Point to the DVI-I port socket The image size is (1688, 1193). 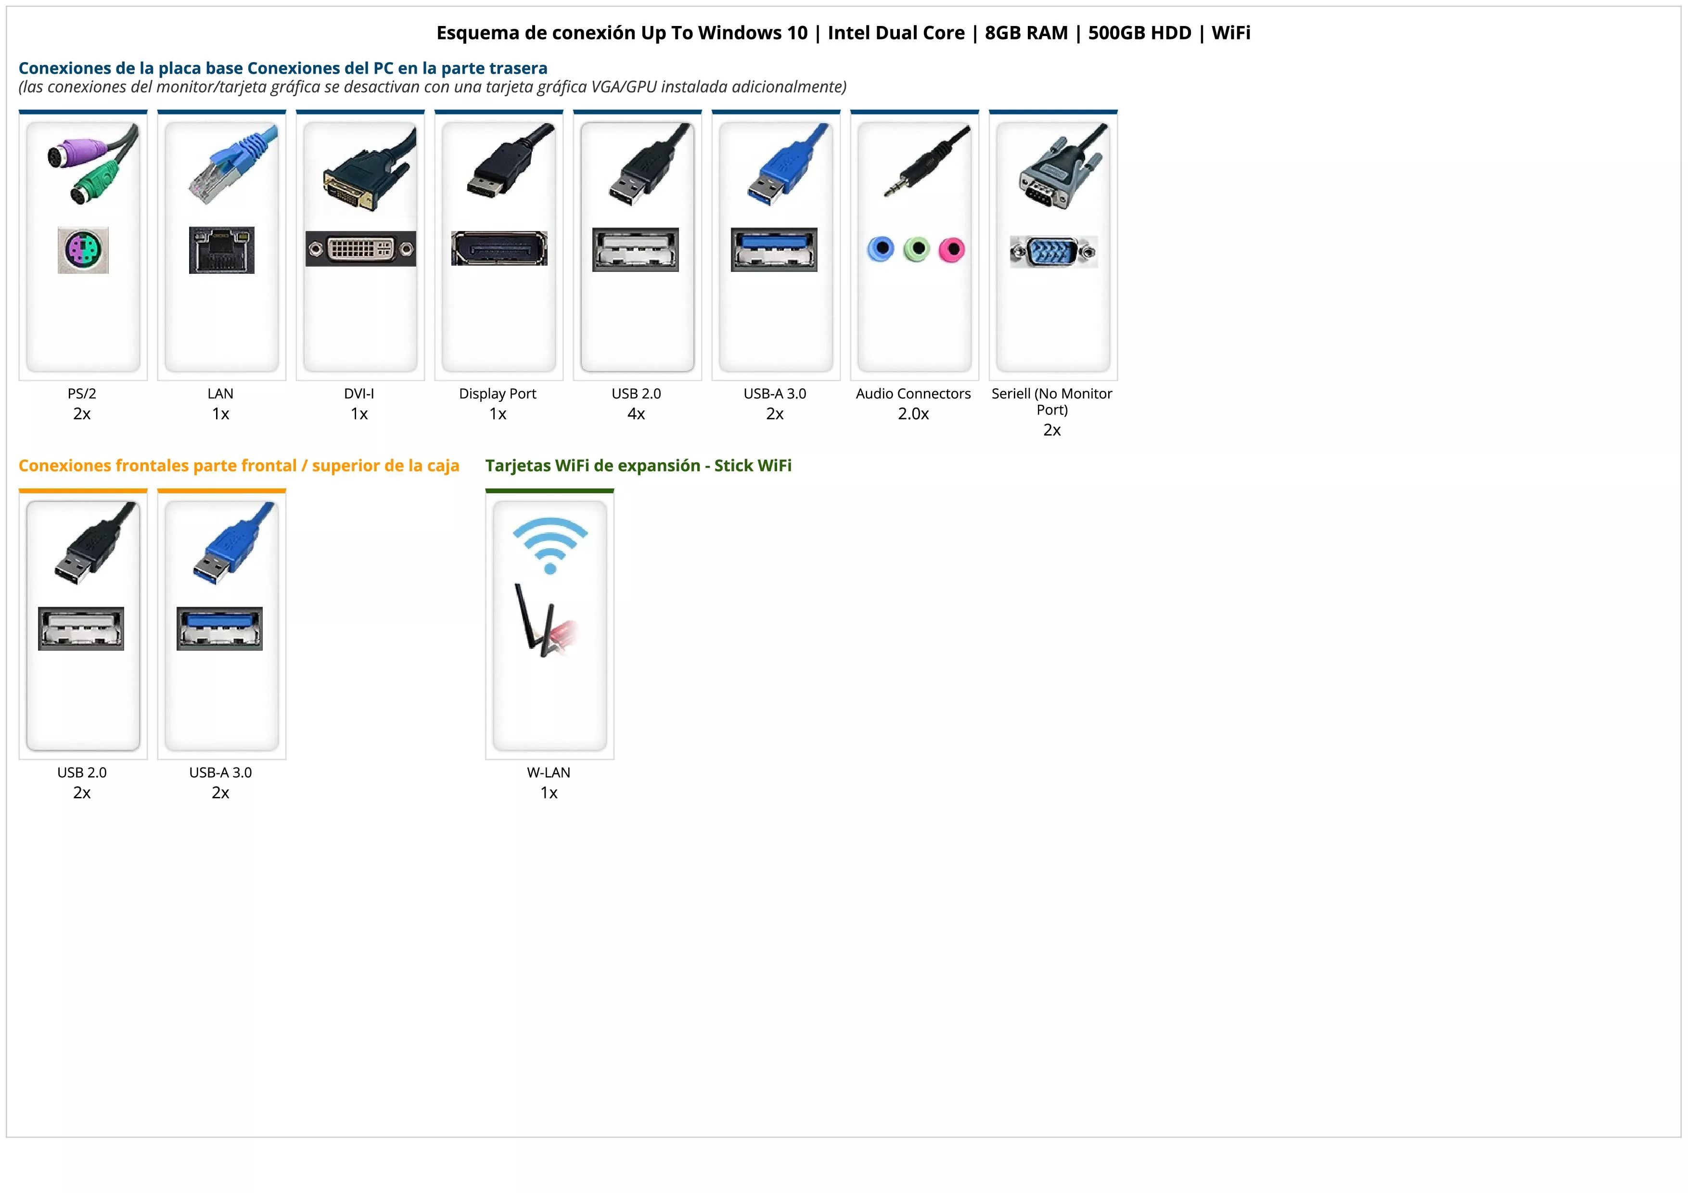click(360, 249)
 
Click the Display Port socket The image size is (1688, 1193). click(499, 248)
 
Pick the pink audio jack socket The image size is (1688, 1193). click(951, 249)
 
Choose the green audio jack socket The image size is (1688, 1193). click(916, 249)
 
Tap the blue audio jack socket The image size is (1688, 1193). click(880, 249)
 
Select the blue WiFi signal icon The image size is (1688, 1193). click(550, 544)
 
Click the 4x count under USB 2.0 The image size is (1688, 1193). click(636, 414)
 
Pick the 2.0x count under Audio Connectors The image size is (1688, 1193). click(913, 414)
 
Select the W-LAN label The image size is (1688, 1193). click(549, 772)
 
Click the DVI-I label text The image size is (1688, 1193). click(359, 394)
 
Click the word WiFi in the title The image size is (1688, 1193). click(1231, 33)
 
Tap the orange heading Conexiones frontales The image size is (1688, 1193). click(239, 466)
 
